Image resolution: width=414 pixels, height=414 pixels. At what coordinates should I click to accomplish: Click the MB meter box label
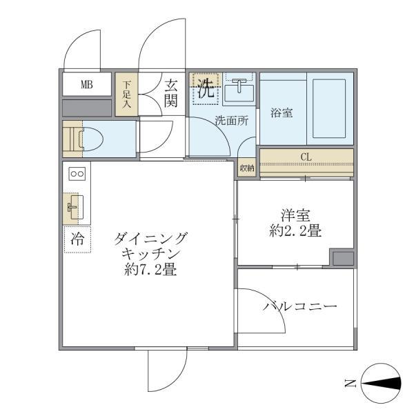point(87,85)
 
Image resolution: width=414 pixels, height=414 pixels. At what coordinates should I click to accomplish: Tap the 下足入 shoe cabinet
point(126,94)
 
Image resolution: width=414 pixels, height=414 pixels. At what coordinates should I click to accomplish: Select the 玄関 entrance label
point(171,93)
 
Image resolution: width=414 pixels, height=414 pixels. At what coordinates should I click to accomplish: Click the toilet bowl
point(90,139)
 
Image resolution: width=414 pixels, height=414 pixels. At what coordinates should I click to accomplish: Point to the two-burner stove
point(77,174)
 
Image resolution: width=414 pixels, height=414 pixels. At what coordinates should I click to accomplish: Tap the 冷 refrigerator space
point(77,239)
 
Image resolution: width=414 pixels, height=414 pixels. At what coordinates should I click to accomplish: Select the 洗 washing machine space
point(206,89)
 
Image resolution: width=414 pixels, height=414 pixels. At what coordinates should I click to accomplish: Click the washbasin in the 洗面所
point(239,90)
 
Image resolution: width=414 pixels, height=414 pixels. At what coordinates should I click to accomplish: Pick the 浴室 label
point(282,112)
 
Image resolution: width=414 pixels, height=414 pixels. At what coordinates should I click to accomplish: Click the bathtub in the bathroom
point(329,108)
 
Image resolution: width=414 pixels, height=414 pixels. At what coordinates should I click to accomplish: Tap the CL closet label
point(306,157)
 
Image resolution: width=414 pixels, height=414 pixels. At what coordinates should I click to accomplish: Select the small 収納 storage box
point(247,168)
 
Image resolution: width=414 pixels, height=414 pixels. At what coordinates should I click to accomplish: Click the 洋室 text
point(295,215)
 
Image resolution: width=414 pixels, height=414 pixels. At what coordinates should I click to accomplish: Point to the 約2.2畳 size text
point(295,230)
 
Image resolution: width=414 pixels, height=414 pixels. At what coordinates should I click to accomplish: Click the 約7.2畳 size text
point(150,270)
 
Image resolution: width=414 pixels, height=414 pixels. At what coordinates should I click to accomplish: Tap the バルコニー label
point(299,306)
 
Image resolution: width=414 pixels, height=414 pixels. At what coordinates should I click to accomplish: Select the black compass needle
point(381,383)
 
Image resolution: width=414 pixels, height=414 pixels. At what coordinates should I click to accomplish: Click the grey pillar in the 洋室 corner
point(343,259)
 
